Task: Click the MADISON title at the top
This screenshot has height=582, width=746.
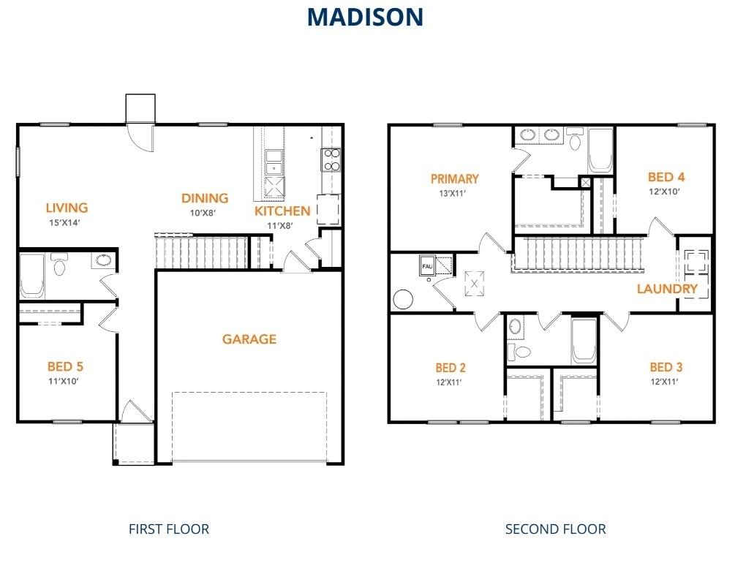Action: [365, 16]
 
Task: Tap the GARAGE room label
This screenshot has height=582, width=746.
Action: [249, 339]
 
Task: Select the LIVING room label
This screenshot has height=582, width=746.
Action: [67, 208]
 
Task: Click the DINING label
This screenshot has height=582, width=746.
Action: [205, 198]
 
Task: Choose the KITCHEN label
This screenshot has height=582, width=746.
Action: [282, 211]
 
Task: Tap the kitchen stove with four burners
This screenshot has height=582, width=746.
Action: [331, 159]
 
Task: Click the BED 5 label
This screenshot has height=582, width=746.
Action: [70, 366]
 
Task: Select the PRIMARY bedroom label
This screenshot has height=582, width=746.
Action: [454, 178]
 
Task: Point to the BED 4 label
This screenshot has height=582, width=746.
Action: [666, 177]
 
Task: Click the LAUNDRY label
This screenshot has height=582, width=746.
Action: [667, 289]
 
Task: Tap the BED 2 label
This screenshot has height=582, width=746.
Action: [451, 368]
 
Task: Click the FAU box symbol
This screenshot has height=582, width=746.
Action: [426, 267]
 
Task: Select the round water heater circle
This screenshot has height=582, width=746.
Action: [403, 299]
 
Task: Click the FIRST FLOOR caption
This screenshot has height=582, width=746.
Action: [169, 529]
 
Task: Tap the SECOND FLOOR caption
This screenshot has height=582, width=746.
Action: [555, 529]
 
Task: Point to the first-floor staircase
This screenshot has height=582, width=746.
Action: [202, 250]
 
